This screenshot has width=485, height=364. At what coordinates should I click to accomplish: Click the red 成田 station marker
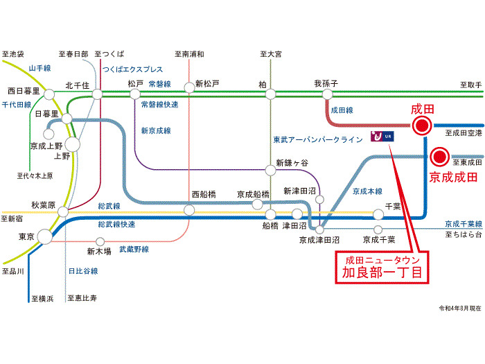tap(421, 125)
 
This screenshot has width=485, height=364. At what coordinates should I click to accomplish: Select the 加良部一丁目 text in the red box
tap(382, 272)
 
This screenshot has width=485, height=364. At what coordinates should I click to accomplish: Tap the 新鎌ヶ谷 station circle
tap(271, 170)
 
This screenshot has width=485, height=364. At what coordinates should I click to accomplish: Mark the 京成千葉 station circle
tap(378, 229)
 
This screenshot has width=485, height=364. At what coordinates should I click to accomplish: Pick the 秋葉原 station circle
tap(63, 211)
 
